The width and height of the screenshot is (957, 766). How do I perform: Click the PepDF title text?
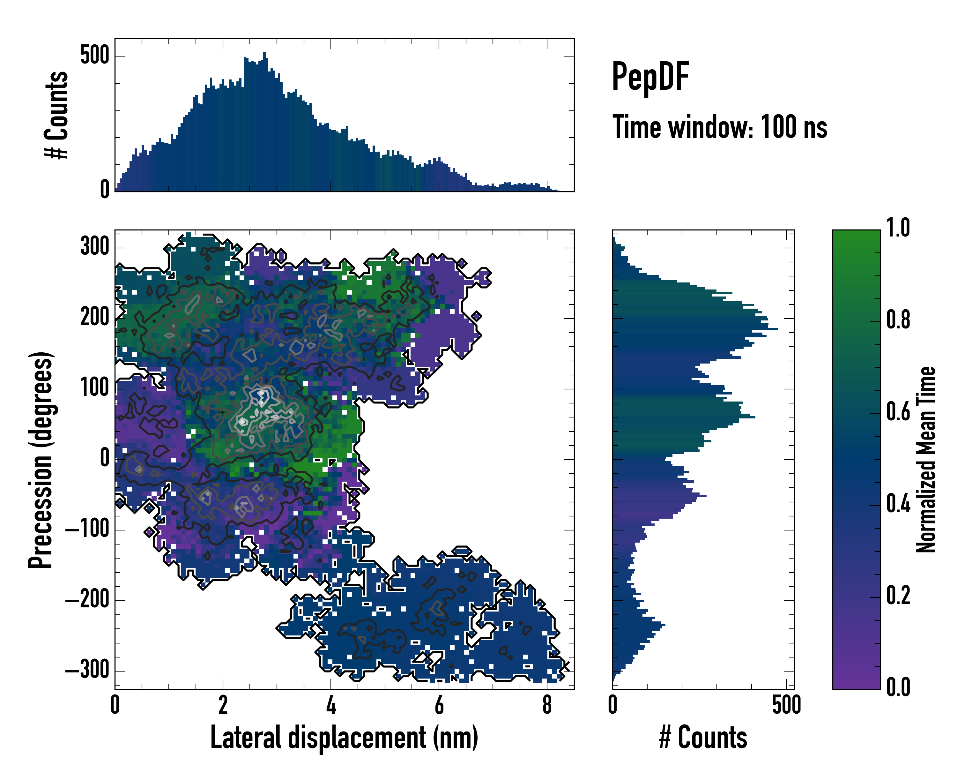coord(650,77)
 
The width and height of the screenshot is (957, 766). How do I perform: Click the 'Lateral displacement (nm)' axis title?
coord(344,738)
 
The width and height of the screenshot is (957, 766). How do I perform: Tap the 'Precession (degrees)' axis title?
coord(41,460)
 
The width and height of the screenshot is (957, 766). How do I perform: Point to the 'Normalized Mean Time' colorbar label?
coord(925,460)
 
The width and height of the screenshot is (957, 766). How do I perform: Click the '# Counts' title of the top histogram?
coord(56,115)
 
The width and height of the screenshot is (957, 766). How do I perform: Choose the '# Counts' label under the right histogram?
coord(703,738)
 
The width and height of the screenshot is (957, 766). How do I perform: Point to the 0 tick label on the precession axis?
coord(105,458)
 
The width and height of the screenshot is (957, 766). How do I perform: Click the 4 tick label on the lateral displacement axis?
coord(331,705)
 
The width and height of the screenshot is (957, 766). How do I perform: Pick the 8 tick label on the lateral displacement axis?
coord(547,705)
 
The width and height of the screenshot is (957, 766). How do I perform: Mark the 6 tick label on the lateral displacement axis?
coord(439,705)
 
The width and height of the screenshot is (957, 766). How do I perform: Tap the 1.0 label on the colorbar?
coord(898,229)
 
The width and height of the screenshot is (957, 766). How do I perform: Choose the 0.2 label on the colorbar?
coord(898,596)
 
